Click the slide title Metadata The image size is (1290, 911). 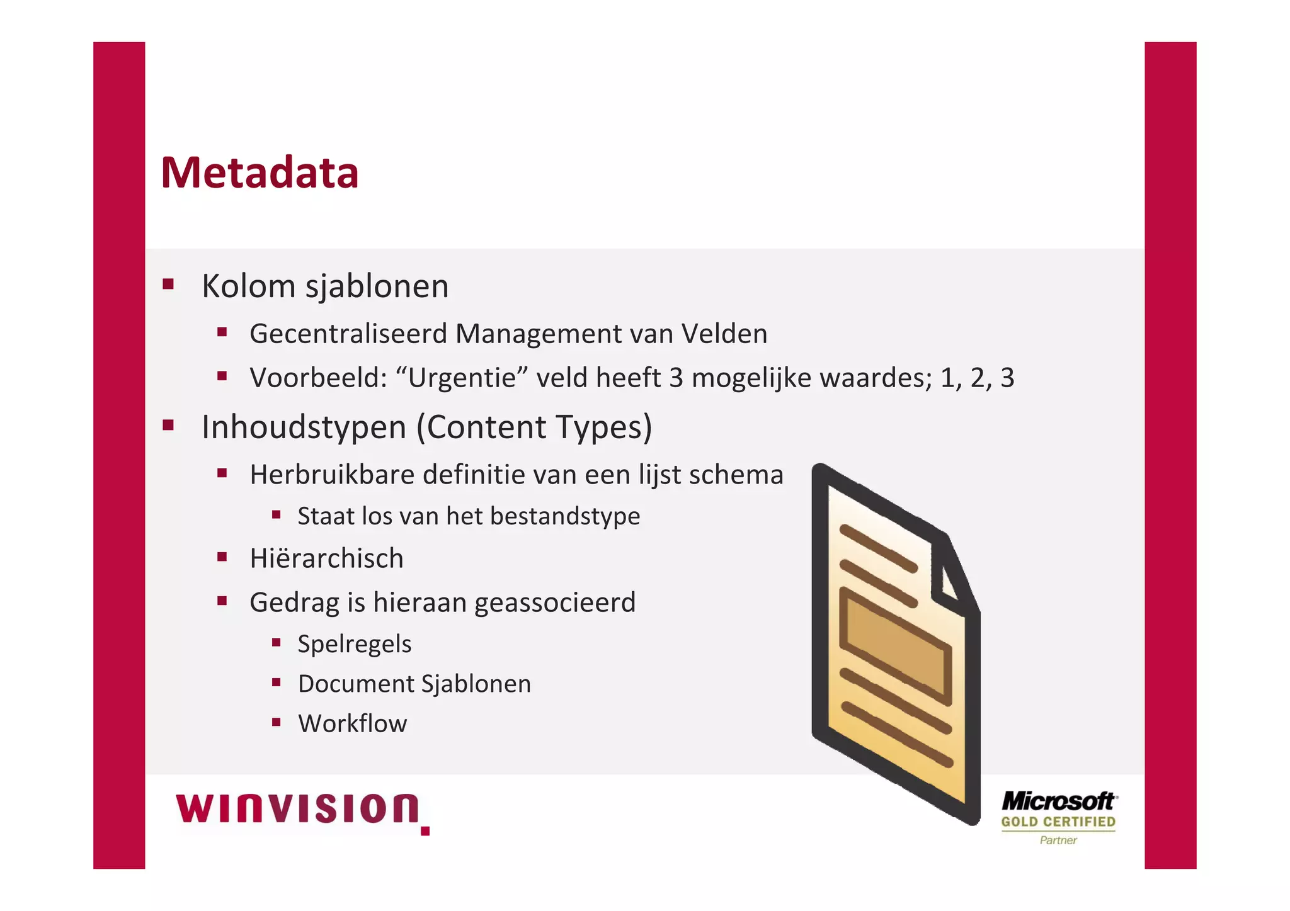pos(260,173)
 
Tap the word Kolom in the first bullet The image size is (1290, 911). pos(248,286)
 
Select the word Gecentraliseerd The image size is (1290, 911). pos(348,334)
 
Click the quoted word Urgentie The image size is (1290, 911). pos(462,378)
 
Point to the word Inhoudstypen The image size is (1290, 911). pos(304,427)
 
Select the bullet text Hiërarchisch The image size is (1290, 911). pos(326,558)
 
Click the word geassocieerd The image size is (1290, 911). pos(555,603)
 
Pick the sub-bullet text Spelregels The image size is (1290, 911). pos(355,644)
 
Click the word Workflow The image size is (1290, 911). pos(353,724)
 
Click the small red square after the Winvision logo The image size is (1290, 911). pos(425,831)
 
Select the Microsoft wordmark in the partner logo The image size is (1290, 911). pos(1058,801)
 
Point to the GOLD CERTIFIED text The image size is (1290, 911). pos(1058,822)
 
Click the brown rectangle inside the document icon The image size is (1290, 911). pos(896,645)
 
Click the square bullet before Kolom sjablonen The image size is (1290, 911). pos(168,284)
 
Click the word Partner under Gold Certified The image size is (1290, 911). pos(1058,840)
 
